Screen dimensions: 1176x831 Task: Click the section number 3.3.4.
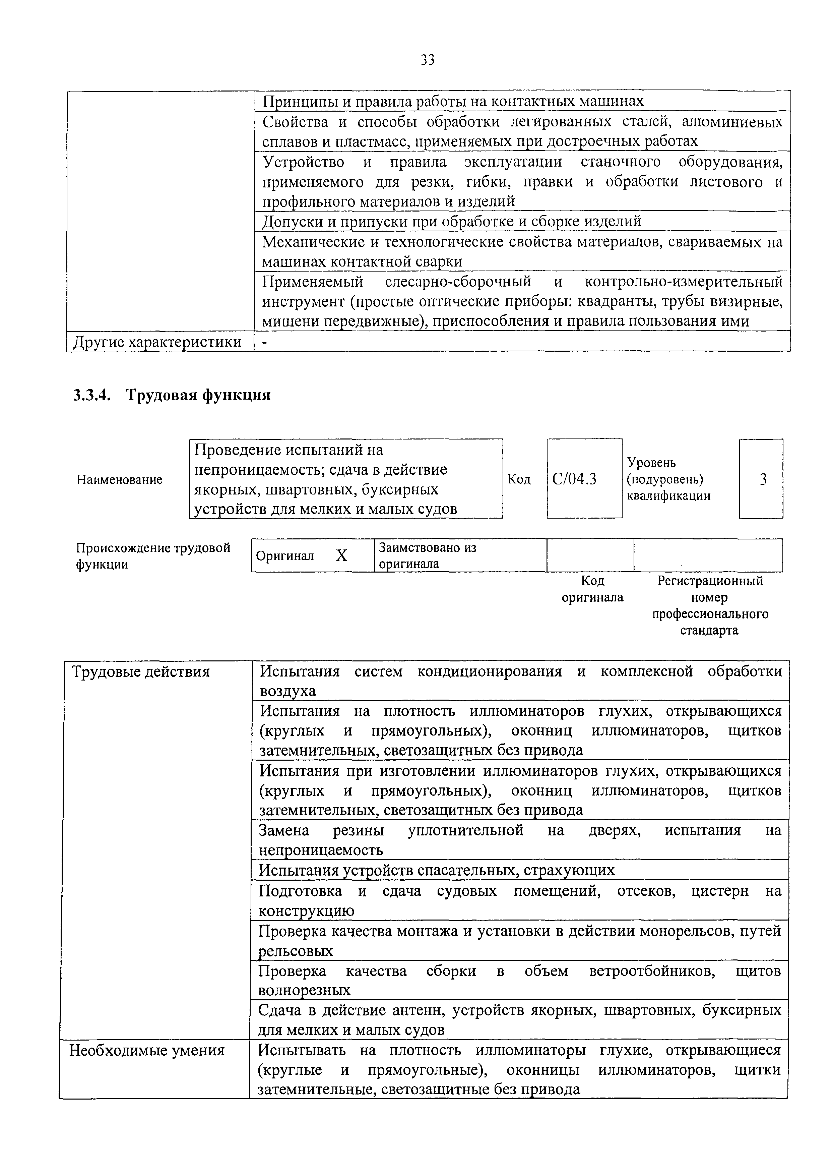click(92, 396)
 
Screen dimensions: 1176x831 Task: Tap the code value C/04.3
click(574, 479)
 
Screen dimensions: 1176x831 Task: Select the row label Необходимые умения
click(147, 1051)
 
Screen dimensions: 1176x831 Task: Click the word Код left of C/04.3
click(519, 479)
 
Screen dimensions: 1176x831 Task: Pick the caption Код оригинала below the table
click(592, 589)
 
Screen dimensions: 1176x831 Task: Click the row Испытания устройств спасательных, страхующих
click(436, 870)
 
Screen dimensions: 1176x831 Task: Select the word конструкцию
click(306, 911)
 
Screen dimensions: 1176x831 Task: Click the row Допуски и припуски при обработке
click(452, 221)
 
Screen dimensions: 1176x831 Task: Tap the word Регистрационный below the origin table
click(710, 581)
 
